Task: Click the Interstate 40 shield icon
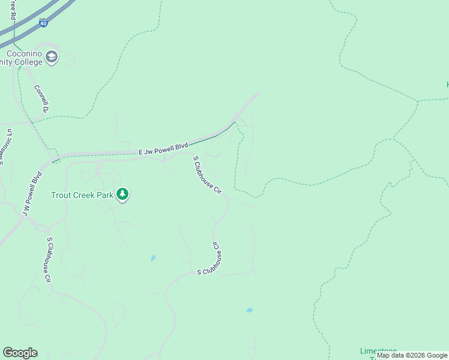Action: tap(43, 23)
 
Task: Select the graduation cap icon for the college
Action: tap(52, 58)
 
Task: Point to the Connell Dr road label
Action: tap(41, 98)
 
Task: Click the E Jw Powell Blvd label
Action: tap(164, 149)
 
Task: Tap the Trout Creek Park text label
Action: tap(82, 195)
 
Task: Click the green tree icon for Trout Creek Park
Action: tap(122, 194)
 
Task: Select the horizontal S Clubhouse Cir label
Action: tap(215, 272)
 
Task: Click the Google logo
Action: tap(20, 353)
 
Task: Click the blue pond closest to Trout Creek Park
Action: tap(153, 258)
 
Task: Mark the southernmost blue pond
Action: tap(249, 310)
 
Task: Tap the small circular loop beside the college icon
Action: tap(69, 60)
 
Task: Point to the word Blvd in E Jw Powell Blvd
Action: tap(181, 146)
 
